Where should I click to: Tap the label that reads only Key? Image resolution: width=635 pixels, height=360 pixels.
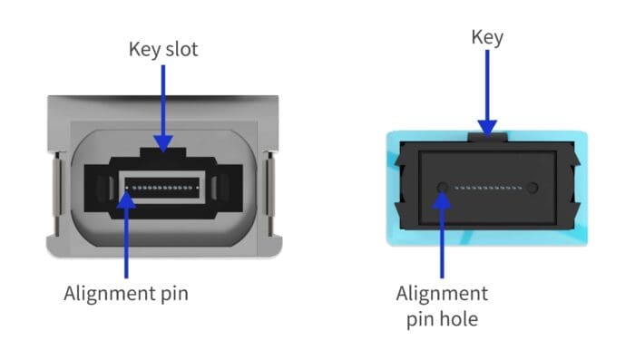[487, 37]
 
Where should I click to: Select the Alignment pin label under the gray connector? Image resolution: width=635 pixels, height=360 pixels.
[125, 293]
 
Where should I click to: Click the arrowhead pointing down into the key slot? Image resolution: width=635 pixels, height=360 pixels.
[162, 141]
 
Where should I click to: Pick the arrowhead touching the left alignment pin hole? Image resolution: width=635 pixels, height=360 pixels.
[443, 196]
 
